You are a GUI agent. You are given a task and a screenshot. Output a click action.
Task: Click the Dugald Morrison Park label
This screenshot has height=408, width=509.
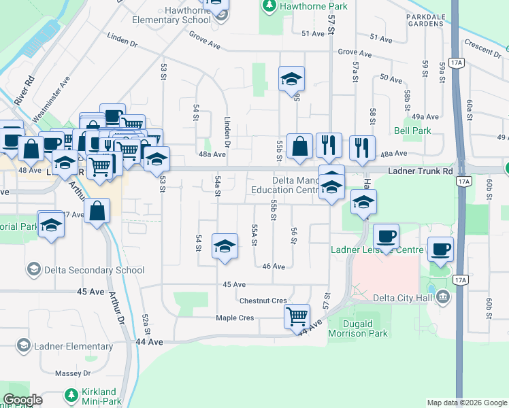coord(358,328)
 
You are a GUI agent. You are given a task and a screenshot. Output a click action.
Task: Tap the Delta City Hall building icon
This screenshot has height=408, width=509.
coord(443,296)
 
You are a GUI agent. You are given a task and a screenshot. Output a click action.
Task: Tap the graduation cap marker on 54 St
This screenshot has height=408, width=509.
coord(225,246)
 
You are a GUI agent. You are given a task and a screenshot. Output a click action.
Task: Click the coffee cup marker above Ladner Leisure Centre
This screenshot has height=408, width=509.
coord(386,237)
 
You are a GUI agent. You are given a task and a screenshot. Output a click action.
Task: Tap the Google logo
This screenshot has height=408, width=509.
coord(23,400)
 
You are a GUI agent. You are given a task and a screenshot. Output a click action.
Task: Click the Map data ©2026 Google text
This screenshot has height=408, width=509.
coord(466,403)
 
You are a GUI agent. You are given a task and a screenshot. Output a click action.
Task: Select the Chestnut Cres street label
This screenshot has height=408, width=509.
coord(263,300)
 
